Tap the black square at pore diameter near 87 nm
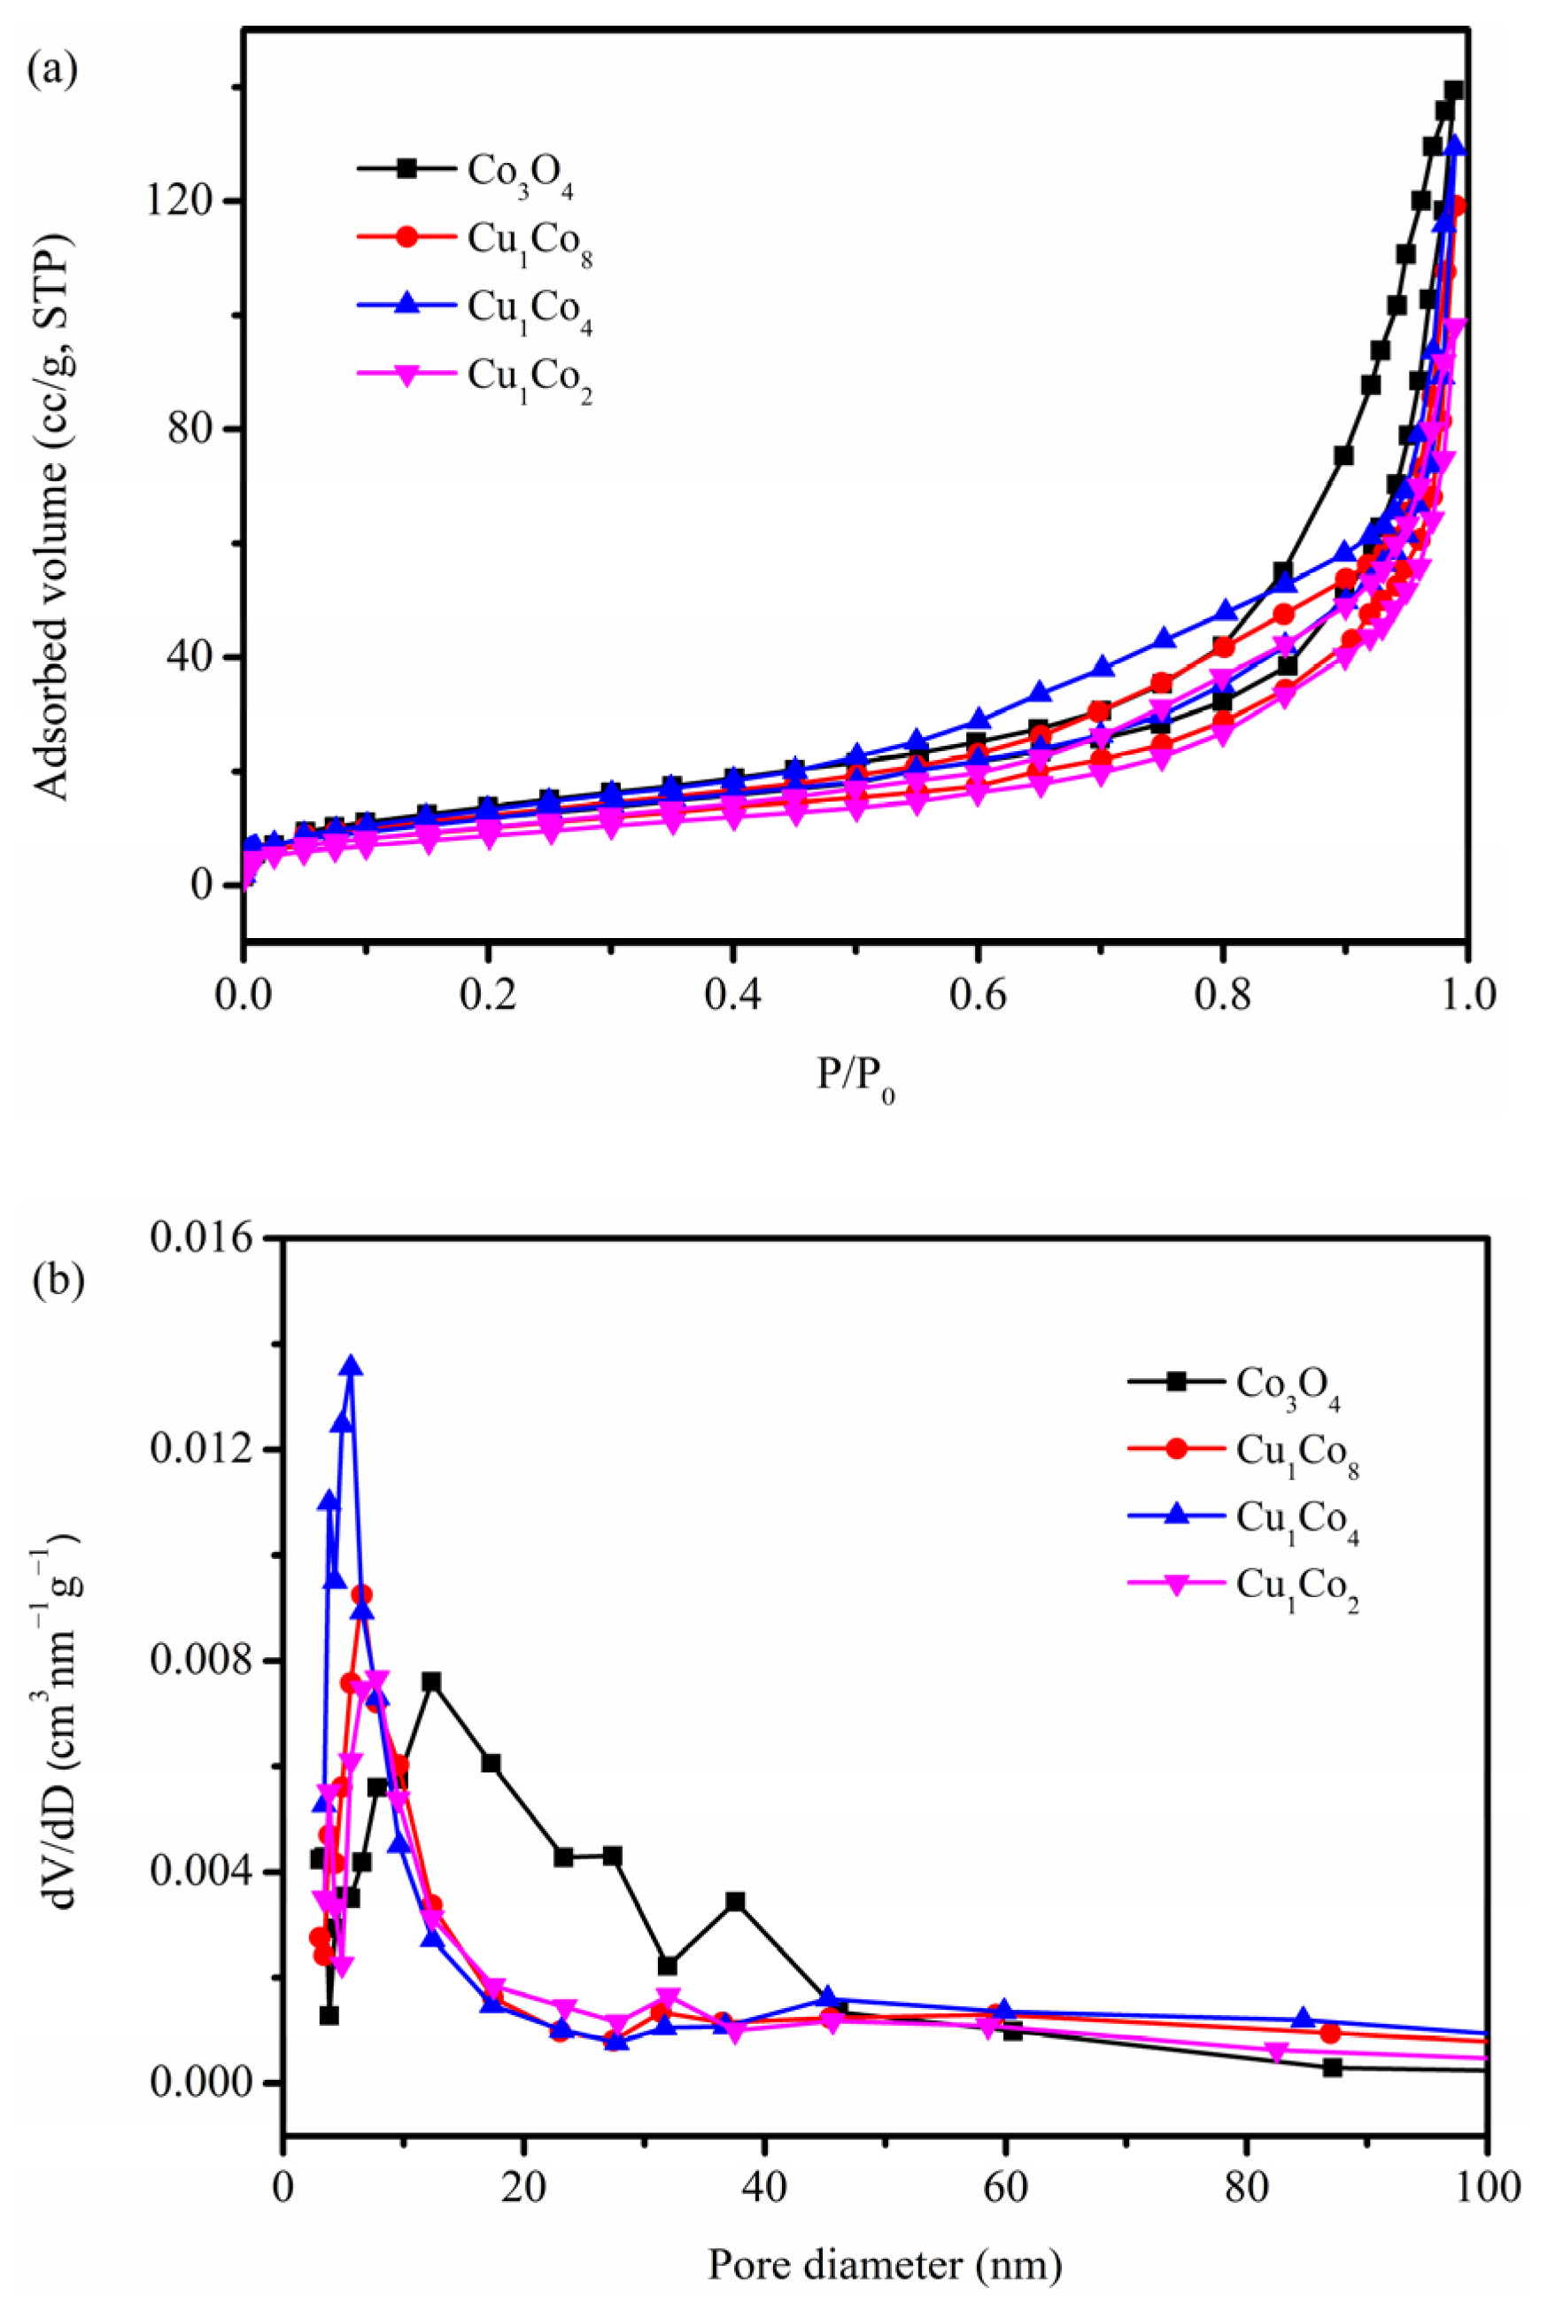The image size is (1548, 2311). coord(1332,2067)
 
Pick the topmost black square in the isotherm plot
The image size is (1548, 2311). coord(1452,91)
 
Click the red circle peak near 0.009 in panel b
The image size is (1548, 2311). coord(362,1594)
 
